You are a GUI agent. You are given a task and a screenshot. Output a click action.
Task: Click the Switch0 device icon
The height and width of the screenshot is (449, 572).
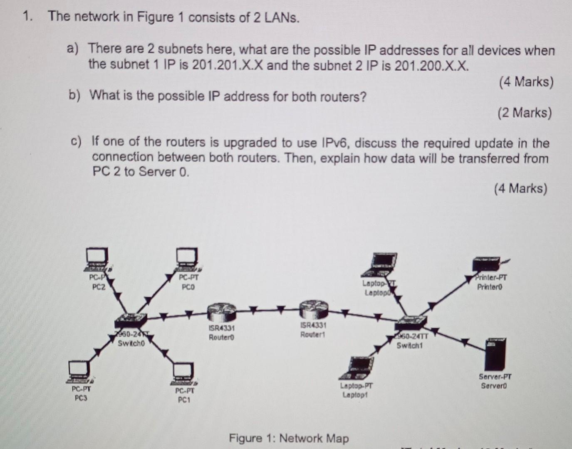coord(130,321)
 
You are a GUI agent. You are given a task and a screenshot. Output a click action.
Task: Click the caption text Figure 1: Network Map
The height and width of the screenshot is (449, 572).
coord(289,438)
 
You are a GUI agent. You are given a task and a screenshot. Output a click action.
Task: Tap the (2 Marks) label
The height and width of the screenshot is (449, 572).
coord(525,113)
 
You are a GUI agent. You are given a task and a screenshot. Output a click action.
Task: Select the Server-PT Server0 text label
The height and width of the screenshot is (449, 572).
coord(495,381)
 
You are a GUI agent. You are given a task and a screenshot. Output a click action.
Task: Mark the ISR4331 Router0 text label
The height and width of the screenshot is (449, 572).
coord(221,333)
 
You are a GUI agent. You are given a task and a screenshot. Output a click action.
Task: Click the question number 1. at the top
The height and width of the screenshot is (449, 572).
coord(27,17)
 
